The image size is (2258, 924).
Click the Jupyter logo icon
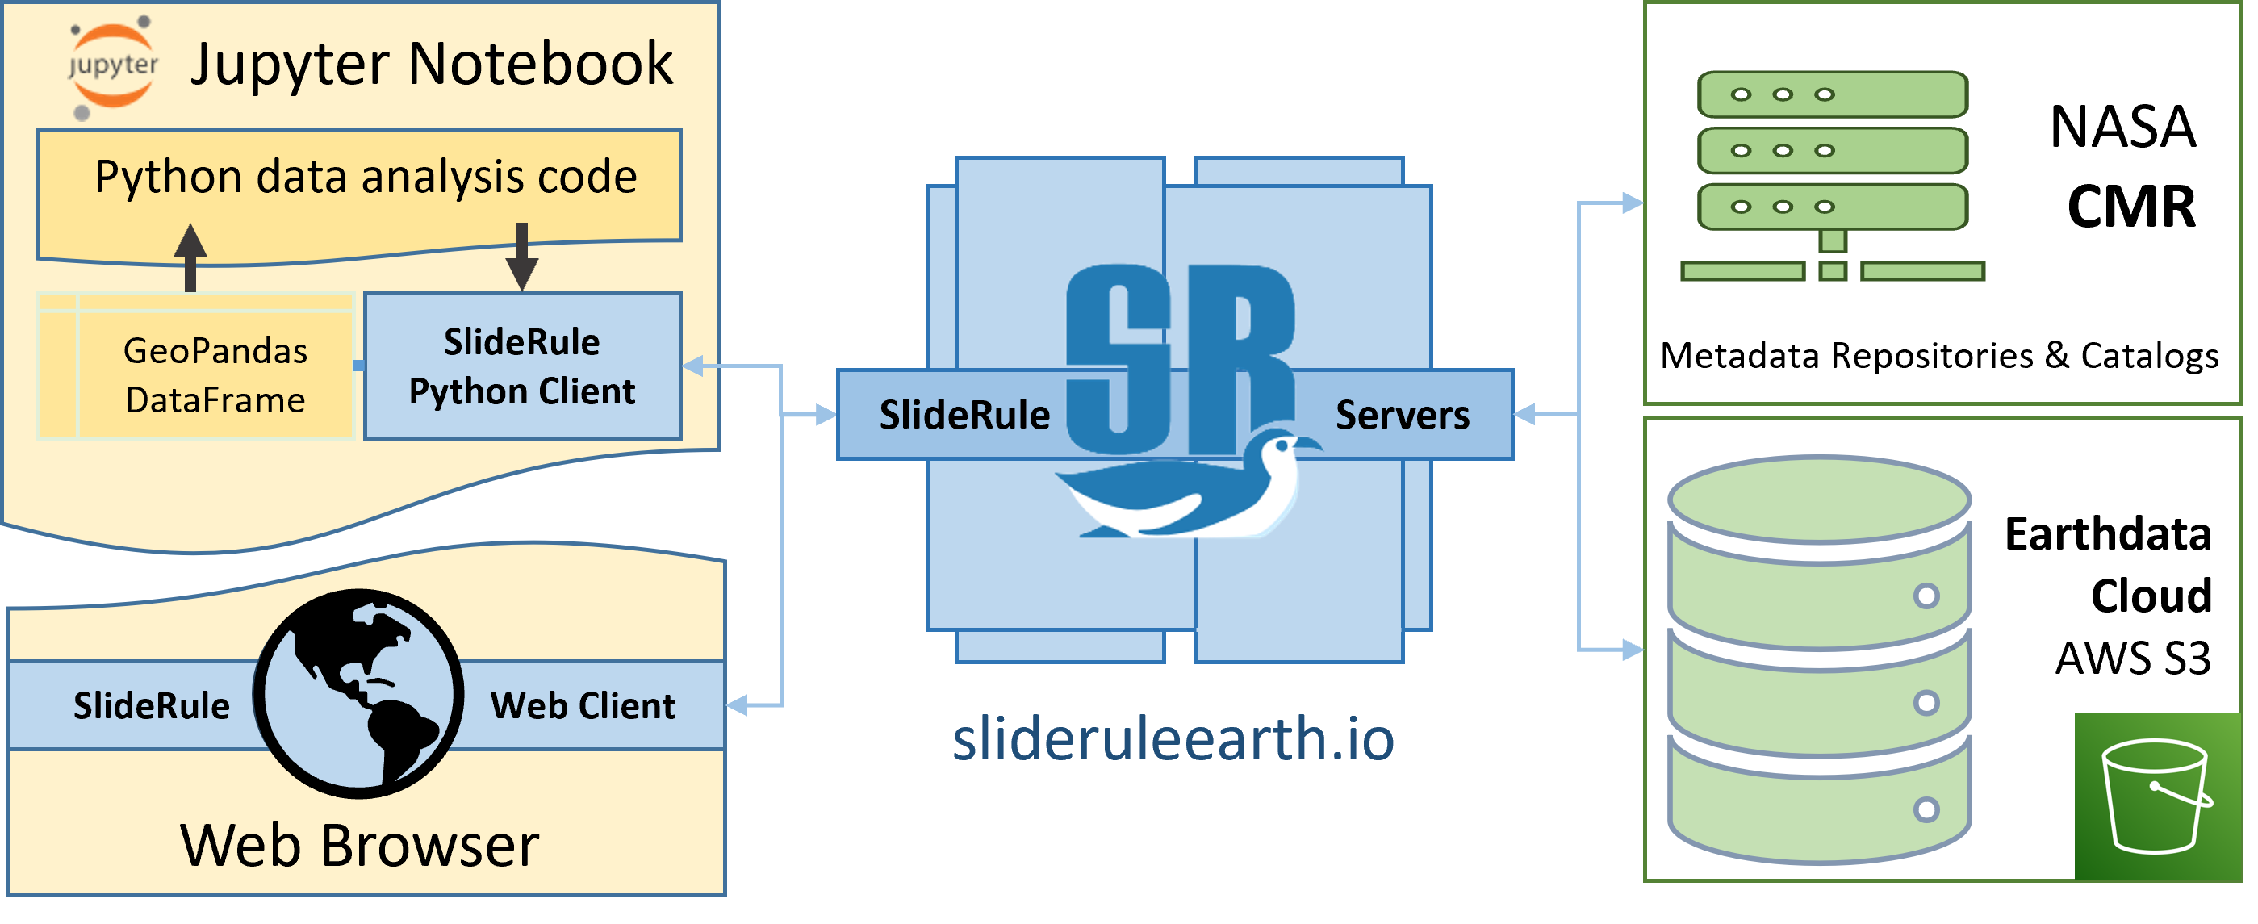point(112,67)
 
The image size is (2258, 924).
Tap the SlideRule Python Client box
point(522,366)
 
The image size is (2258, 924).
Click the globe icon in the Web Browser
point(359,693)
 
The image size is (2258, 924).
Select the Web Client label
point(583,706)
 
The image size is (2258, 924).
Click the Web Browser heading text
point(359,846)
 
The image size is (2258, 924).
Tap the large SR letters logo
point(1179,359)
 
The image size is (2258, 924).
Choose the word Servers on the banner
point(1402,416)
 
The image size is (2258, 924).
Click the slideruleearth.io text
point(1173,740)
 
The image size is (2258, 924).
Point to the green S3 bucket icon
point(2156,796)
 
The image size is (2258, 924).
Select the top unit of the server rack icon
point(1832,94)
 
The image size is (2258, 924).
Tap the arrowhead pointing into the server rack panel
point(1632,203)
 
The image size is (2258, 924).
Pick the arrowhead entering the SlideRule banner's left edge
point(826,415)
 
